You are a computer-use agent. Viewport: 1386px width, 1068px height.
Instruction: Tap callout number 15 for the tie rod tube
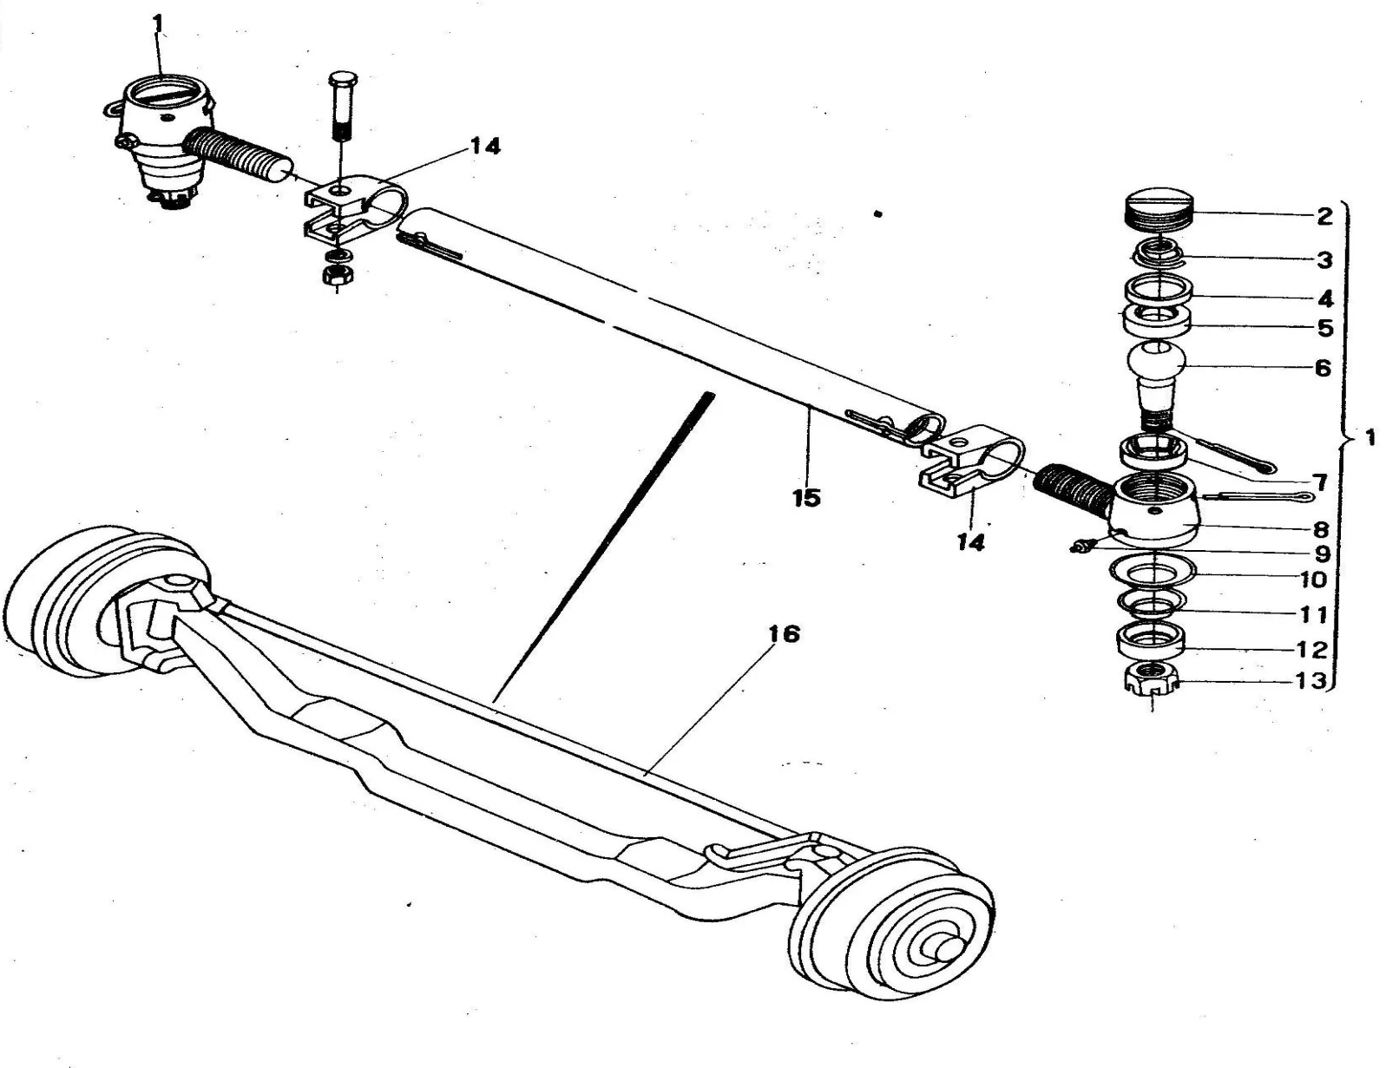click(x=806, y=499)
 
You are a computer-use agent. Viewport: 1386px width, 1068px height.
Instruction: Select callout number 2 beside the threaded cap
click(x=1324, y=217)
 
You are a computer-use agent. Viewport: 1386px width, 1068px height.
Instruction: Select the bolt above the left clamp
click(x=342, y=106)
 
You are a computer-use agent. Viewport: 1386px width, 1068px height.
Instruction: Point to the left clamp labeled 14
click(x=353, y=211)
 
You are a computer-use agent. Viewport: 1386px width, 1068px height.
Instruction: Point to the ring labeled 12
click(x=1151, y=640)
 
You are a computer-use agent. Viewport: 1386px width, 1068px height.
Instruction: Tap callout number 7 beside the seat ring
click(x=1320, y=483)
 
